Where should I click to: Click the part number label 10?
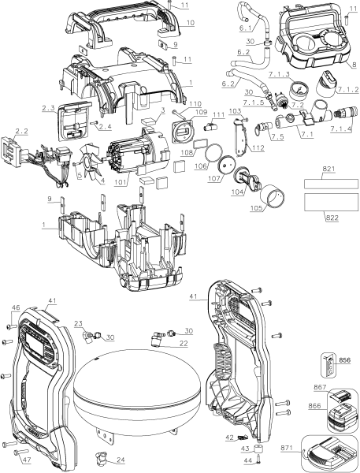tap(190, 24)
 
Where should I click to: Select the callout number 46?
tap(15, 307)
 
